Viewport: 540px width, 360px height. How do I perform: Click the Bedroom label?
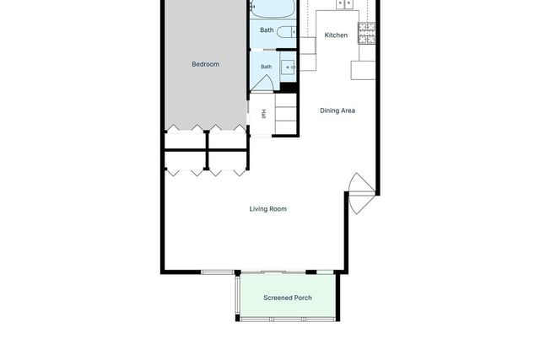click(x=205, y=64)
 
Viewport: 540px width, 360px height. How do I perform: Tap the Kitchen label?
click(x=336, y=35)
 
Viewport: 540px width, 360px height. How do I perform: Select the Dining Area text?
click(x=337, y=110)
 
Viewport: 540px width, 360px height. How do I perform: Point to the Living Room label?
click(x=268, y=209)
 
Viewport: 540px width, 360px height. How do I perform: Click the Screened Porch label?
click(x=288, y=298)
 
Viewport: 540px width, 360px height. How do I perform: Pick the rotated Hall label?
click(x=264, y=114)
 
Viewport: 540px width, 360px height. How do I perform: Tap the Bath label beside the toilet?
click(x=267, y=30)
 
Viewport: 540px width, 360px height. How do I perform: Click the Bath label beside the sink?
click(x=267, y=67)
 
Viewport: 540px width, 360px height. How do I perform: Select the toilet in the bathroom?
click(x=287, y=32)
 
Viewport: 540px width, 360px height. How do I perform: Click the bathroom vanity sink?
click(x=289, y=67)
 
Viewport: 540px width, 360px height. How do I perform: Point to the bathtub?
click(x=273, y=8)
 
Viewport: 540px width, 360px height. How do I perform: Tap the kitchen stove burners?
click(x=367, y=33)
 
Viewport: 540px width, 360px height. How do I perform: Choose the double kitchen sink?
click(x=344, y=3)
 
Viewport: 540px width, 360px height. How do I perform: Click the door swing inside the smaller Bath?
click(x=262, y=83)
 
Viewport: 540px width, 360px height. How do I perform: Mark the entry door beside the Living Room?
click(x=362, y=193)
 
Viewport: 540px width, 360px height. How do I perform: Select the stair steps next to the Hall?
click(x=286, y=114)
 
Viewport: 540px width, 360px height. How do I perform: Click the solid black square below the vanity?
click(x=289, y=88)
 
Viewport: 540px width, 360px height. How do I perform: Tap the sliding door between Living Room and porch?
click(x=273, y=272)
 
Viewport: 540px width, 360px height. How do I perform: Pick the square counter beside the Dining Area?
click(x=363, y=70)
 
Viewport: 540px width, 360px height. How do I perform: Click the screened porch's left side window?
click(x=237, y=294)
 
